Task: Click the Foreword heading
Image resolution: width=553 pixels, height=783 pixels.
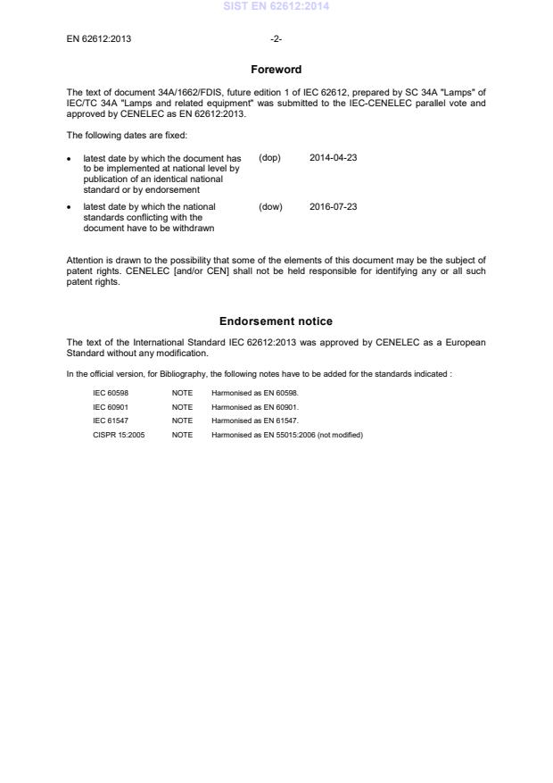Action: (x=276, y=70)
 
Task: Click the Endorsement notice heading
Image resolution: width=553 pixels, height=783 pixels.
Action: (x=276, y=321)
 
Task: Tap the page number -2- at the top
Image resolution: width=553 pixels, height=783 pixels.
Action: (x=276, y=39)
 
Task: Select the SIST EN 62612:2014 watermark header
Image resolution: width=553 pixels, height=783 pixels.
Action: (x=276, y=6)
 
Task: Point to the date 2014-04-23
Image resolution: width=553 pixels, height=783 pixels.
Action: (x=333, y=158)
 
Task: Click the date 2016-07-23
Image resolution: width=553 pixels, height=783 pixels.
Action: (x=333, y=207)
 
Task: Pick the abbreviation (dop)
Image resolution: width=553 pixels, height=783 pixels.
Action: (x=269, y=158)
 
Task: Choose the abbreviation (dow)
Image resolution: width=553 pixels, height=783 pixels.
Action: (x=270, y=207)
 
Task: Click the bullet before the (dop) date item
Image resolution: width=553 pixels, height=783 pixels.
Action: (x=70, y=159)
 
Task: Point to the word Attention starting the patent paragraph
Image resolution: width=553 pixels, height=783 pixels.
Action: (x=84, y=260)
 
